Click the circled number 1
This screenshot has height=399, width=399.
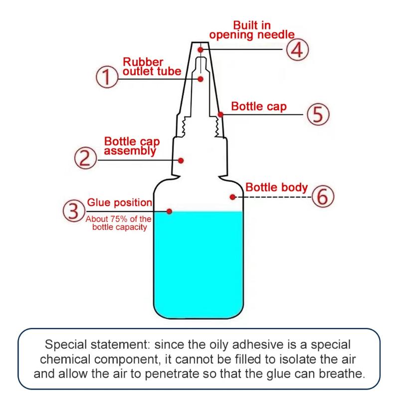pyautogui.click(x=105, y=79)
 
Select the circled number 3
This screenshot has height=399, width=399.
pyautogui.click(x=73, y=211)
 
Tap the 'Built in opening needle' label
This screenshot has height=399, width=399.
pyautogui.click(x=252, y=29)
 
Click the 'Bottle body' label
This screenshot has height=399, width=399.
pyautogui.click(x=276, y=188)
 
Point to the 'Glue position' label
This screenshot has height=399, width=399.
pyautogui.click(x=120, y=203)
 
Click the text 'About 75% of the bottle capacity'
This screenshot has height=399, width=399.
pyautogui.click(x=119, y=223)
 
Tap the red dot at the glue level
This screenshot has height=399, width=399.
pyautogui.click(x=170, y=211)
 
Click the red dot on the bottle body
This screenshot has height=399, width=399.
pyautogui.click(x=232, y=197)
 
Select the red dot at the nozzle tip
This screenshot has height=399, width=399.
pyautogui.click(x=200, y=50)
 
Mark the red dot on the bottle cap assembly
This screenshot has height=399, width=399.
pyautogui.click(x=181, y=160)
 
